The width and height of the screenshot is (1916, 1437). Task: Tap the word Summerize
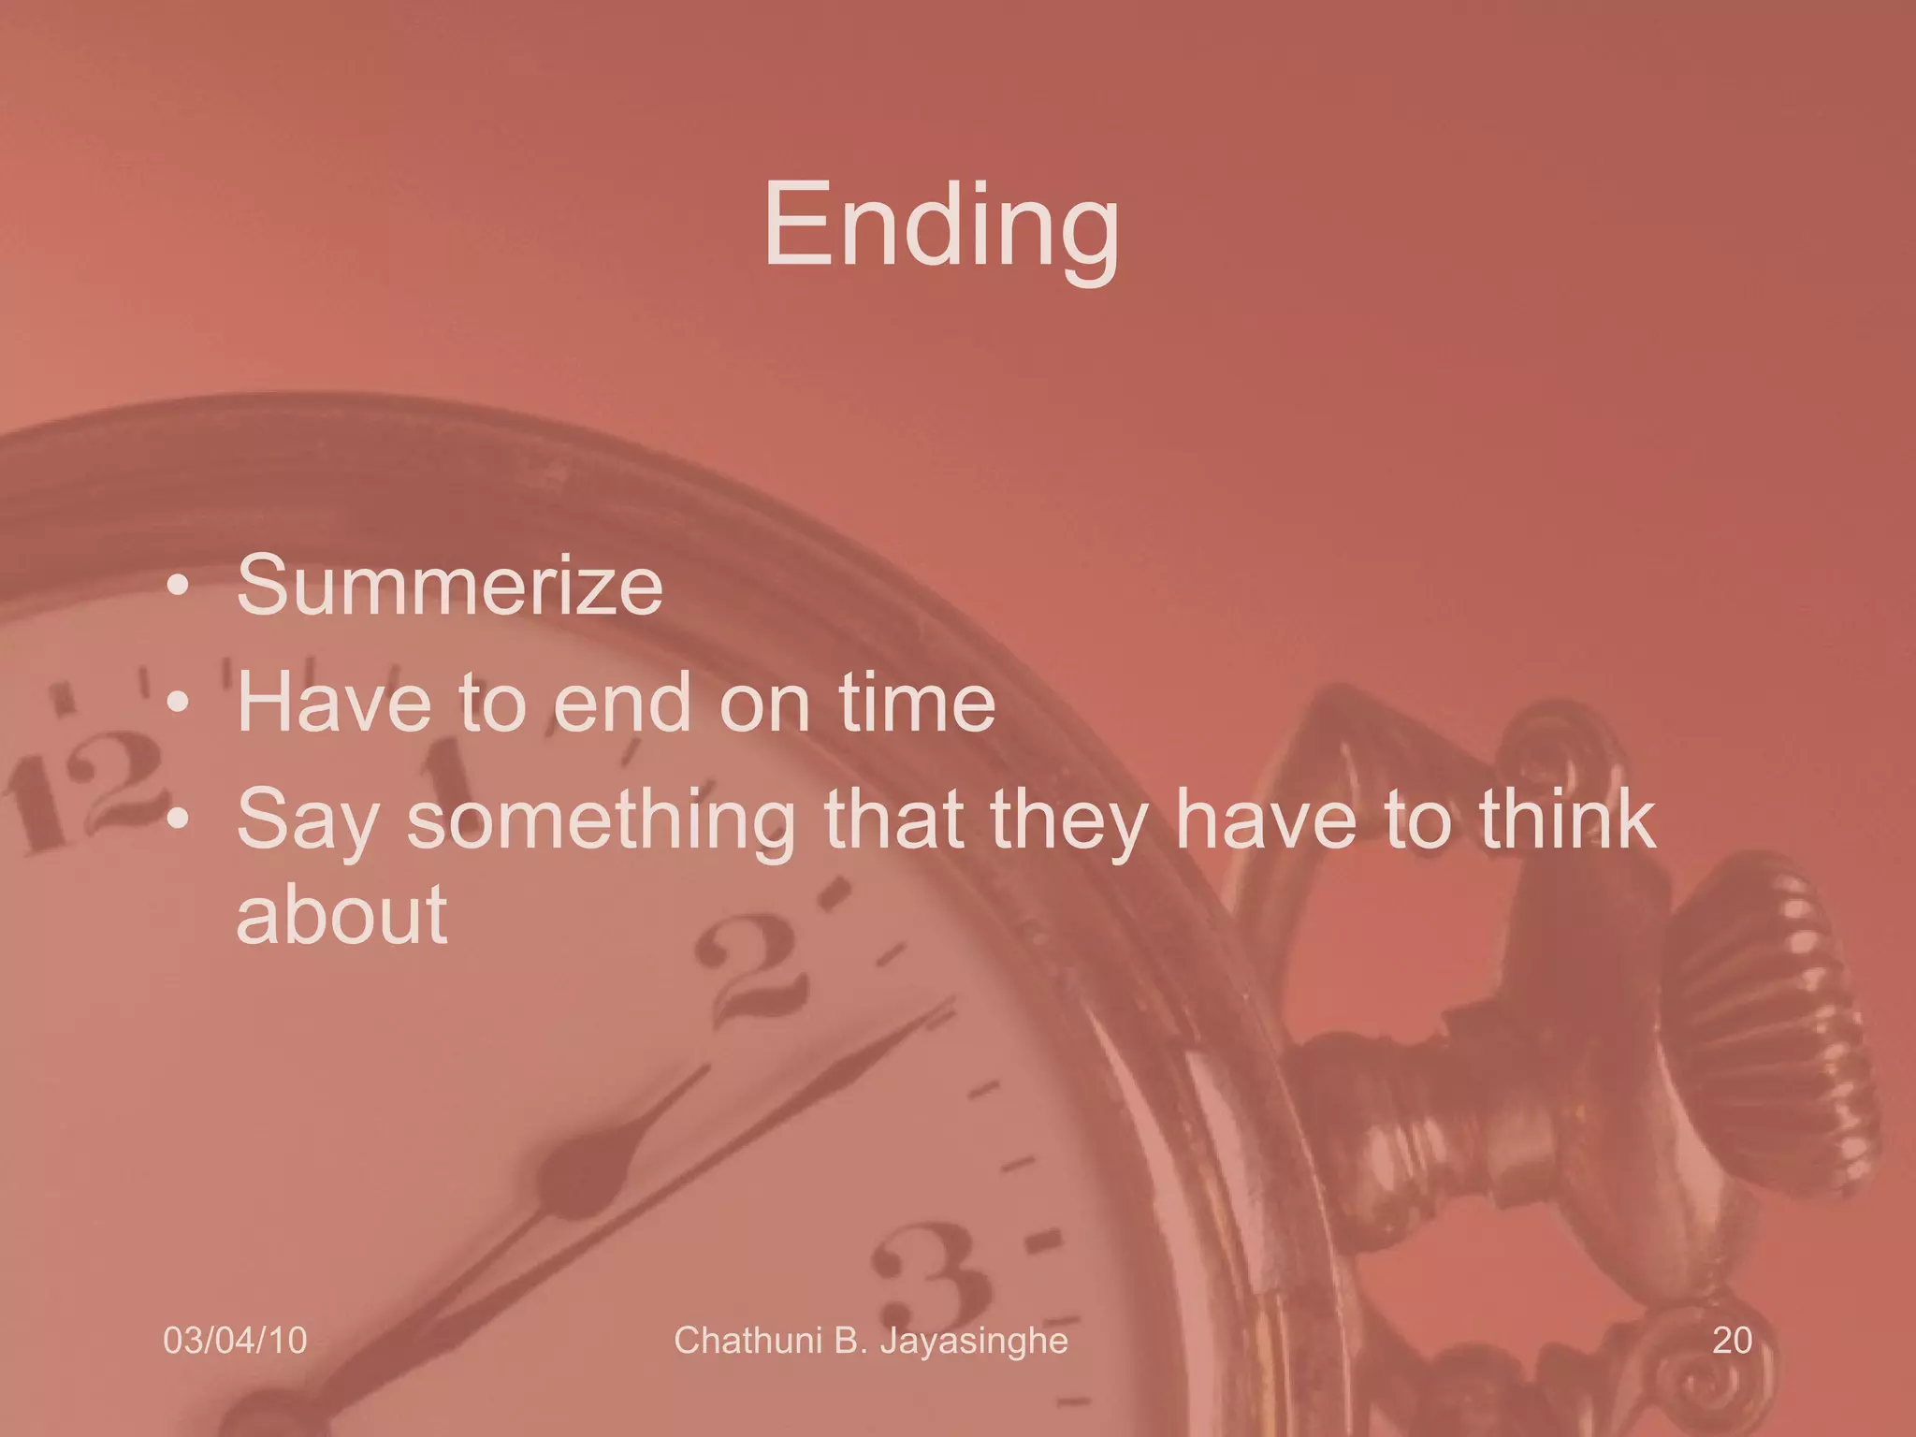450,586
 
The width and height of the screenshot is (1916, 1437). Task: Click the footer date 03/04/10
235,1341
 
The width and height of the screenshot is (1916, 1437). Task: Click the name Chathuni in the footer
748,1341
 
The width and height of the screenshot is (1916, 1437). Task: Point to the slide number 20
1732,1341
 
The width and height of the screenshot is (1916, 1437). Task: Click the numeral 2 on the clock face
753,973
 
